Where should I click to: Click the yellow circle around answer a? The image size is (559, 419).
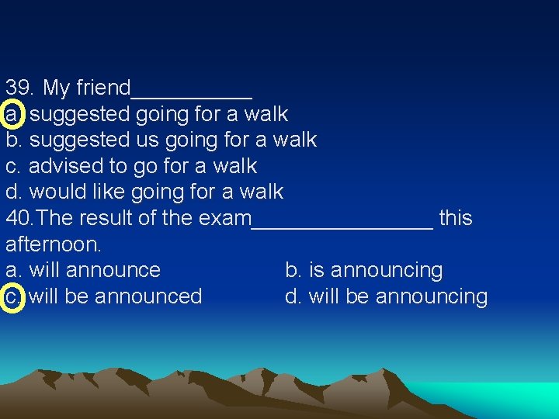13,114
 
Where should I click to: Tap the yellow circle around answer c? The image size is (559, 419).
13,296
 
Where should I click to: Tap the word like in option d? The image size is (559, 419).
113,192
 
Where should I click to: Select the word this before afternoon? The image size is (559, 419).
456,218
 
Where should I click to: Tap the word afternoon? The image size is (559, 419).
53,244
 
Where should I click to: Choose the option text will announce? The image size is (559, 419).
94,270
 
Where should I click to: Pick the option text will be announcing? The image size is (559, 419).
398,296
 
